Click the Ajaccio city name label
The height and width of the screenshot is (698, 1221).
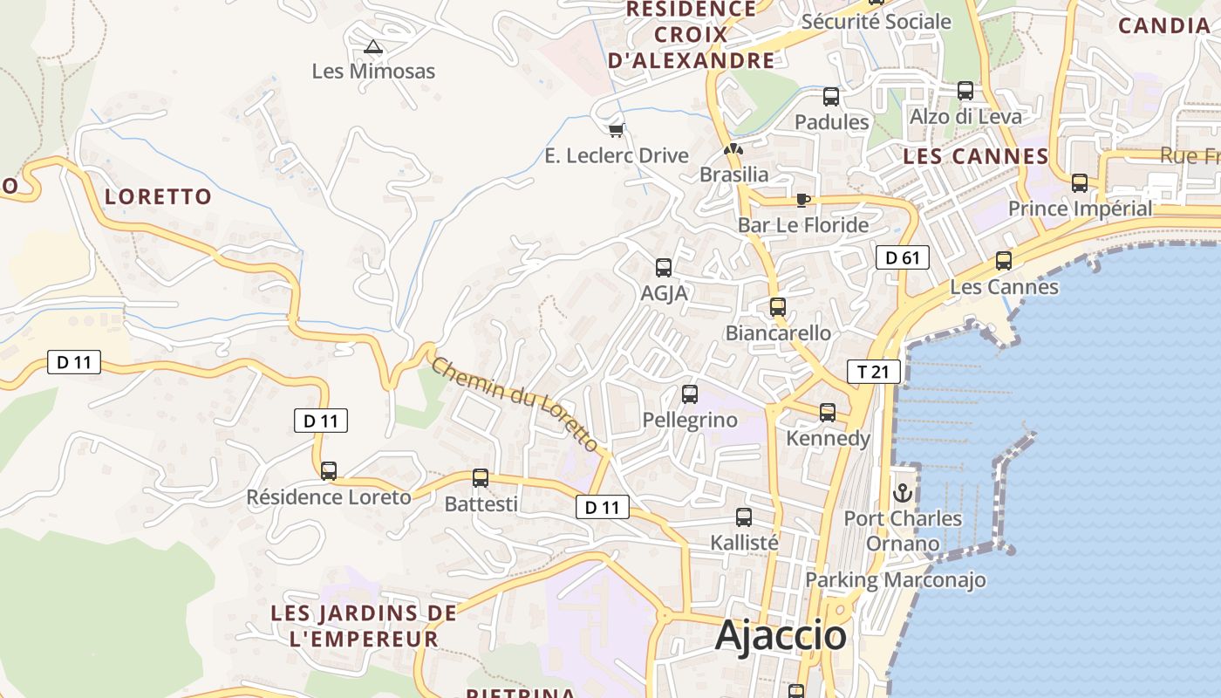pyautogui.click(x=781, y=636)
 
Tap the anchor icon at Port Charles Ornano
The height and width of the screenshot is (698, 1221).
pyautogui.click(x=903, y=493)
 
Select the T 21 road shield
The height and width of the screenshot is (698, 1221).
pyautogui.click(x=873, y=373)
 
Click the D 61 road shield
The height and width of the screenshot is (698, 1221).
pyautogui.click(x=903, y=257)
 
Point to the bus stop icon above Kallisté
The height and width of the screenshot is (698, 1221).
pyautogui.click(x=744, y=517)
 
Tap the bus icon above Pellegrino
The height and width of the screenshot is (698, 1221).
pyautogui.click(x=690, y=394)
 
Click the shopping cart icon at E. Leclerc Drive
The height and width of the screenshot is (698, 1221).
pyautogui.click(x=617, y=130)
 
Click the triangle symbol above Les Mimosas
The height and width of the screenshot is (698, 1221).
pyautogui.click(x=373, y=46)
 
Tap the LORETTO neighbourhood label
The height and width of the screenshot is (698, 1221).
pyautogui.click(x=159, y=196)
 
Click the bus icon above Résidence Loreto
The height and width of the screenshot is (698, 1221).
pyautogui.click(x=329, y=471)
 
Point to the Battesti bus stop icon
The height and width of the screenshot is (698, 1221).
pyautogui.click(x=481, y=478)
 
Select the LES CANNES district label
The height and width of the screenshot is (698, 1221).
pyautogui.click(x=975, y=157)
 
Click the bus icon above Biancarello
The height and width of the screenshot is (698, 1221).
pyautogui.click(x=778, y=307)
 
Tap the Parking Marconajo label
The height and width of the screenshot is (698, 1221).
pyautogui.click(x=895, y=579)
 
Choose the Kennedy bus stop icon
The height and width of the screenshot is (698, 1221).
pyautogui.click(x=828, y=413)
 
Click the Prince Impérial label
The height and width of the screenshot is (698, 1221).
pyautogui.click(x=1080, y=209)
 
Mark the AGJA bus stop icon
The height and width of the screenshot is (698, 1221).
pyautogui.click(x=664, y=268)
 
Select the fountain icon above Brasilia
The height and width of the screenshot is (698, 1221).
pyautogui.click(x=734, y=149)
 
